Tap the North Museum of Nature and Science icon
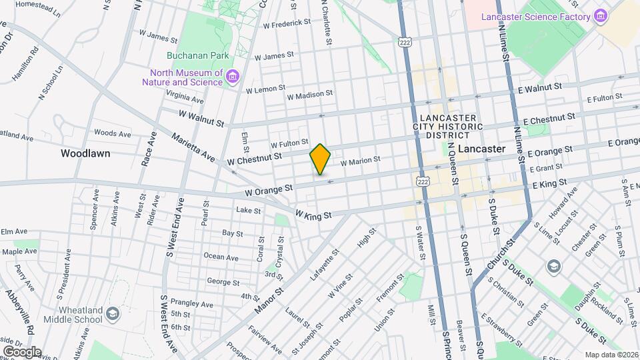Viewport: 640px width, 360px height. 233,77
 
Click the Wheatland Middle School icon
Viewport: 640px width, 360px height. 113,313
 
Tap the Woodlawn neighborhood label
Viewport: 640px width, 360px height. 85,153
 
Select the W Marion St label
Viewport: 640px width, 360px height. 360,160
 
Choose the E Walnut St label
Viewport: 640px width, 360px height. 540,87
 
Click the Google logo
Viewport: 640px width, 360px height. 21,351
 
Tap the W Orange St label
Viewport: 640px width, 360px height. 269,189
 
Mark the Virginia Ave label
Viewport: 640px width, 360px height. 187,97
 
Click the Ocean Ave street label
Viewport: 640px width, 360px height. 221,257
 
